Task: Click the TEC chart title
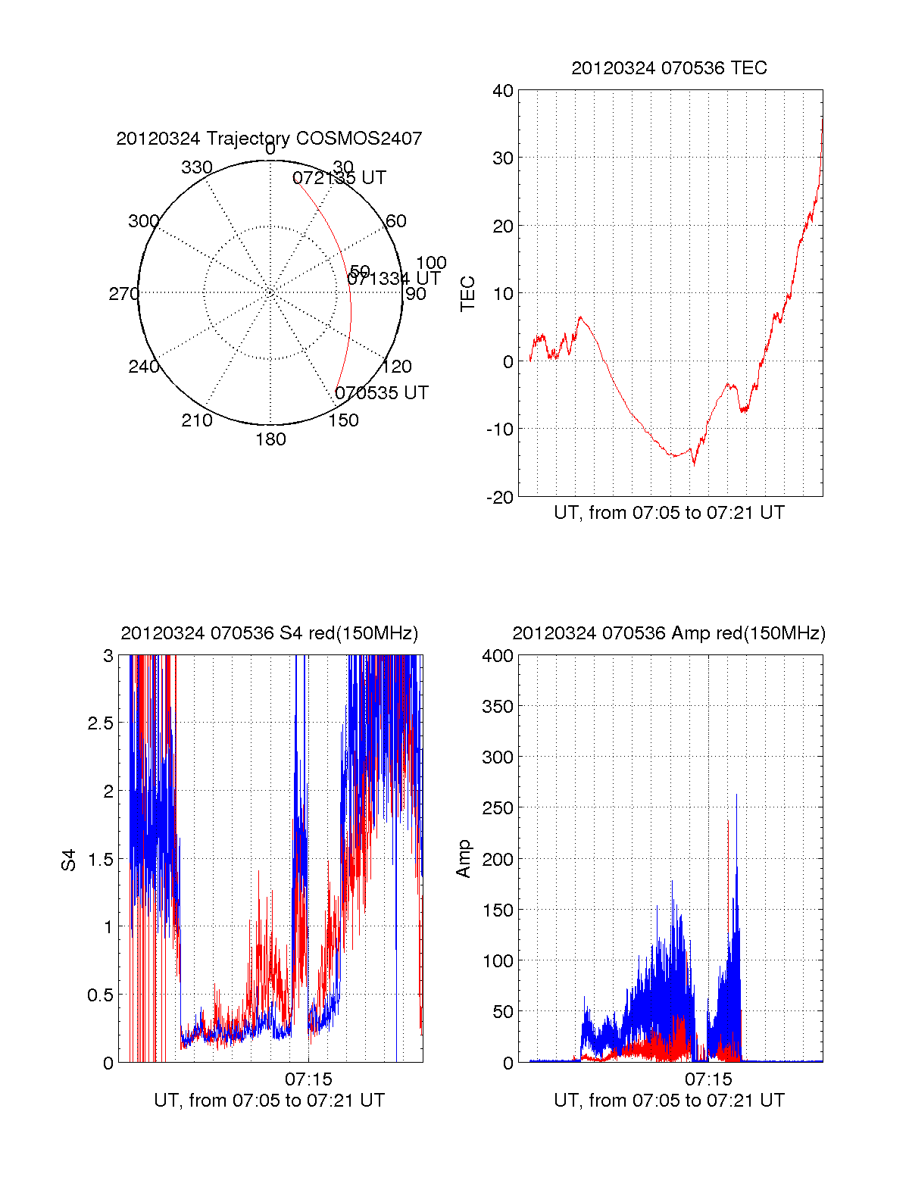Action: (669, 68)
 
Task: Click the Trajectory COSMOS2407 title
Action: (269, 139)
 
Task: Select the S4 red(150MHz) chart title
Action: (269, 633)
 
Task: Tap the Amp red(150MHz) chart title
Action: (669, 633)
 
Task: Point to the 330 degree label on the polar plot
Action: (197, 167)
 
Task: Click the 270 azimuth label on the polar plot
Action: (123, 294)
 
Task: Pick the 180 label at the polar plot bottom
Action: (270, 439)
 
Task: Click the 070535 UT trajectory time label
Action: (381, 393)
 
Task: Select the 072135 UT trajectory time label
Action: (339, 178)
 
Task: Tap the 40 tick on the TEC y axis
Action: (503, 91)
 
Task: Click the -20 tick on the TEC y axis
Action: (500, 497)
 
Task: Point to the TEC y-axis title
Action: (468, 294)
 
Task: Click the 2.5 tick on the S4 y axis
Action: (101, 723)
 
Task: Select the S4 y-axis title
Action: (69, 860)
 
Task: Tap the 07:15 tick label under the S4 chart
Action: (308, 1079)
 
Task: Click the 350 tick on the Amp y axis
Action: (498, 707)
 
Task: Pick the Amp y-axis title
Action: (464, 859)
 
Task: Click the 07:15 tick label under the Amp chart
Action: (708, 1079)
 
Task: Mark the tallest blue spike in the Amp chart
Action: (736, 795)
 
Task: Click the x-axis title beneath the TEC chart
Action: (669, 513)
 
